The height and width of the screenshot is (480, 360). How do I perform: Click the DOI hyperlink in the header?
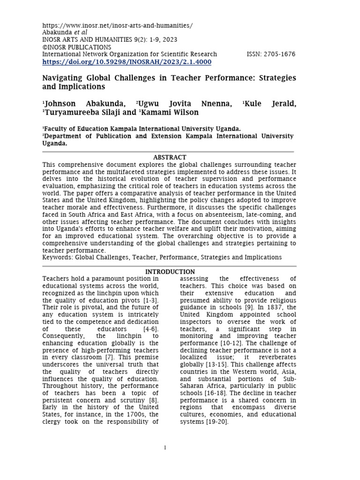tap(127, 62)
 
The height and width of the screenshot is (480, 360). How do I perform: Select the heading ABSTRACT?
tap(169, 157)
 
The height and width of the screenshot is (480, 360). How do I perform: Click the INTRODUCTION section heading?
tap(170, 272)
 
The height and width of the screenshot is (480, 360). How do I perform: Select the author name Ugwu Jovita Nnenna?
tap(185, 104)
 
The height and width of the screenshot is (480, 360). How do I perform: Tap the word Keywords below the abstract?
tap(57, 257)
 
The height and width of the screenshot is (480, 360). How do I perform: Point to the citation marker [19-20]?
tap(217, 422)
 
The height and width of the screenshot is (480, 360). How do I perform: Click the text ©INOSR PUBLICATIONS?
tap(77, 47)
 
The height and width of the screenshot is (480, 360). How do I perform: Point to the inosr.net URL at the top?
tap(118, 25)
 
